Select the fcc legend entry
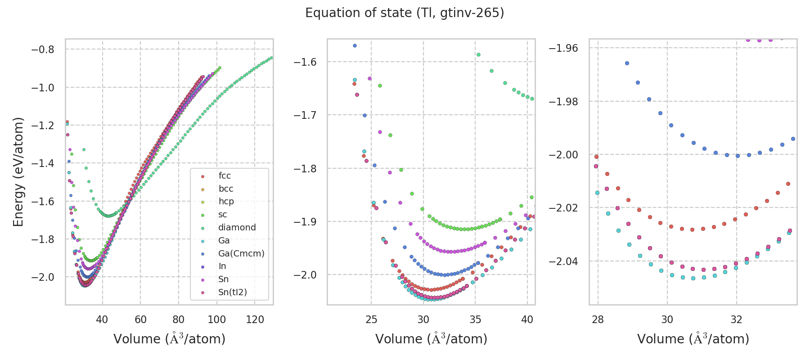click(x=225, y=175)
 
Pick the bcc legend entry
click(x=226, y=189)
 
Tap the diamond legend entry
click(x=237, y=227)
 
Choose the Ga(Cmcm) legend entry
click(x=241, y=253)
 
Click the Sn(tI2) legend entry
click(x=233, y=292)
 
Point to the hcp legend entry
click(x=226, y=201)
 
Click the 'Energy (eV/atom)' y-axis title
click(x=18, y=171)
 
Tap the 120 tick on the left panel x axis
click(x=255, y=319)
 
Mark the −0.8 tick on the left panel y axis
click(x=43, y=49)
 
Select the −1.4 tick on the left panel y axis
click(x=43, y=163)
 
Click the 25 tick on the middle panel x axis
click(x=371, y=319)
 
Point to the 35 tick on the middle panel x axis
click(x=475, y=319)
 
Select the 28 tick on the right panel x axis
click(x=598, y=319)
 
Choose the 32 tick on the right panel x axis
click(x=737, y=319)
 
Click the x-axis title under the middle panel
click(x=431, y=339)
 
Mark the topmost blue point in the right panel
click(x=627, y=63)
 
